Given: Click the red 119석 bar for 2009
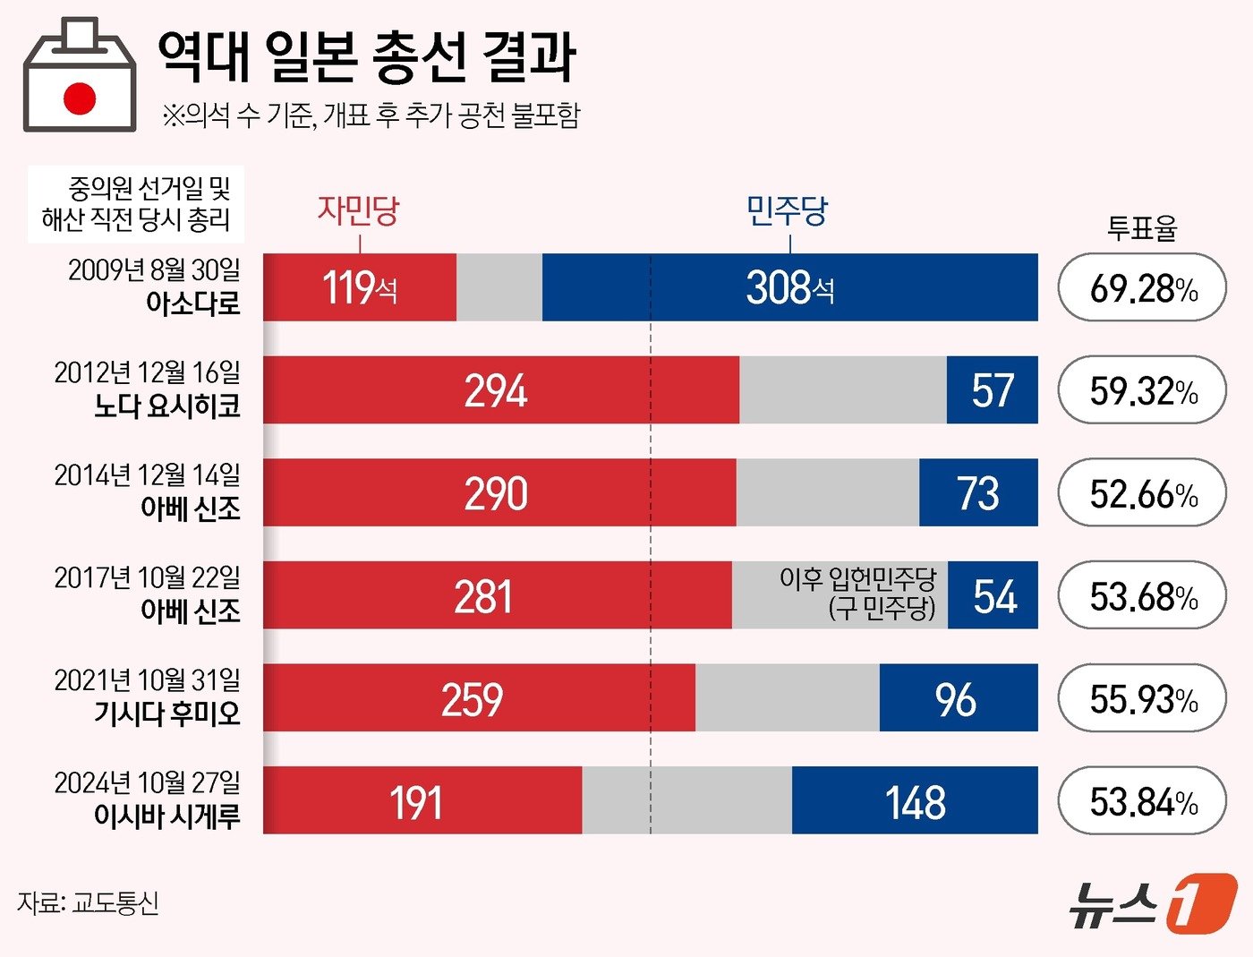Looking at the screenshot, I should point(360,287).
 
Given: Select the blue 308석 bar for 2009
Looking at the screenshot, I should point(789,287).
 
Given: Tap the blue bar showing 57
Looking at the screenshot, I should point(992,390).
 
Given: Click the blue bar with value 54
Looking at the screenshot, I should point(993,596).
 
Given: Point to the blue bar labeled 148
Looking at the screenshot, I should point(915,801).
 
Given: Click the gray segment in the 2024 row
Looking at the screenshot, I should point(686,801).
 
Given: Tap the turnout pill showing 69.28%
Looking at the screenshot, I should point(1142,288).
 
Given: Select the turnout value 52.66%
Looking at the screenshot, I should point(1142,493).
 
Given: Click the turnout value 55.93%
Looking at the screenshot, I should point(1142,699).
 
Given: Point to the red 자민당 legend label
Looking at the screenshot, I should point(358,210).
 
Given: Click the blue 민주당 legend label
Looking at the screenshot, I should point(788,210).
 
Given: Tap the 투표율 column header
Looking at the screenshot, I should point(1142,228).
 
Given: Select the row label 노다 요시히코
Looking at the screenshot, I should point(167,406).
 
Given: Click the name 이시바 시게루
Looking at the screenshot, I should point(167,816).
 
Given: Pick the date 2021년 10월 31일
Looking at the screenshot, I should point(148,680).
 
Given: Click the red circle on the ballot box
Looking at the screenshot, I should point(80,98).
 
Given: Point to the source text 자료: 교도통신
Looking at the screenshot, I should point(88,902).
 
